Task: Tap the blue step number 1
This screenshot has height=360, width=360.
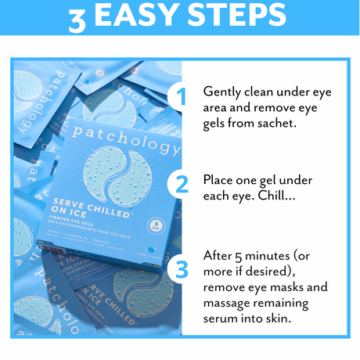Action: point(182,98)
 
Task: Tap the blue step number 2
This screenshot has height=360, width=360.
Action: point(182,185)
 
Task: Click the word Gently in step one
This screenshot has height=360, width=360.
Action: point(222,90)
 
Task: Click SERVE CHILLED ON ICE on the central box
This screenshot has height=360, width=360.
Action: point(86,205)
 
